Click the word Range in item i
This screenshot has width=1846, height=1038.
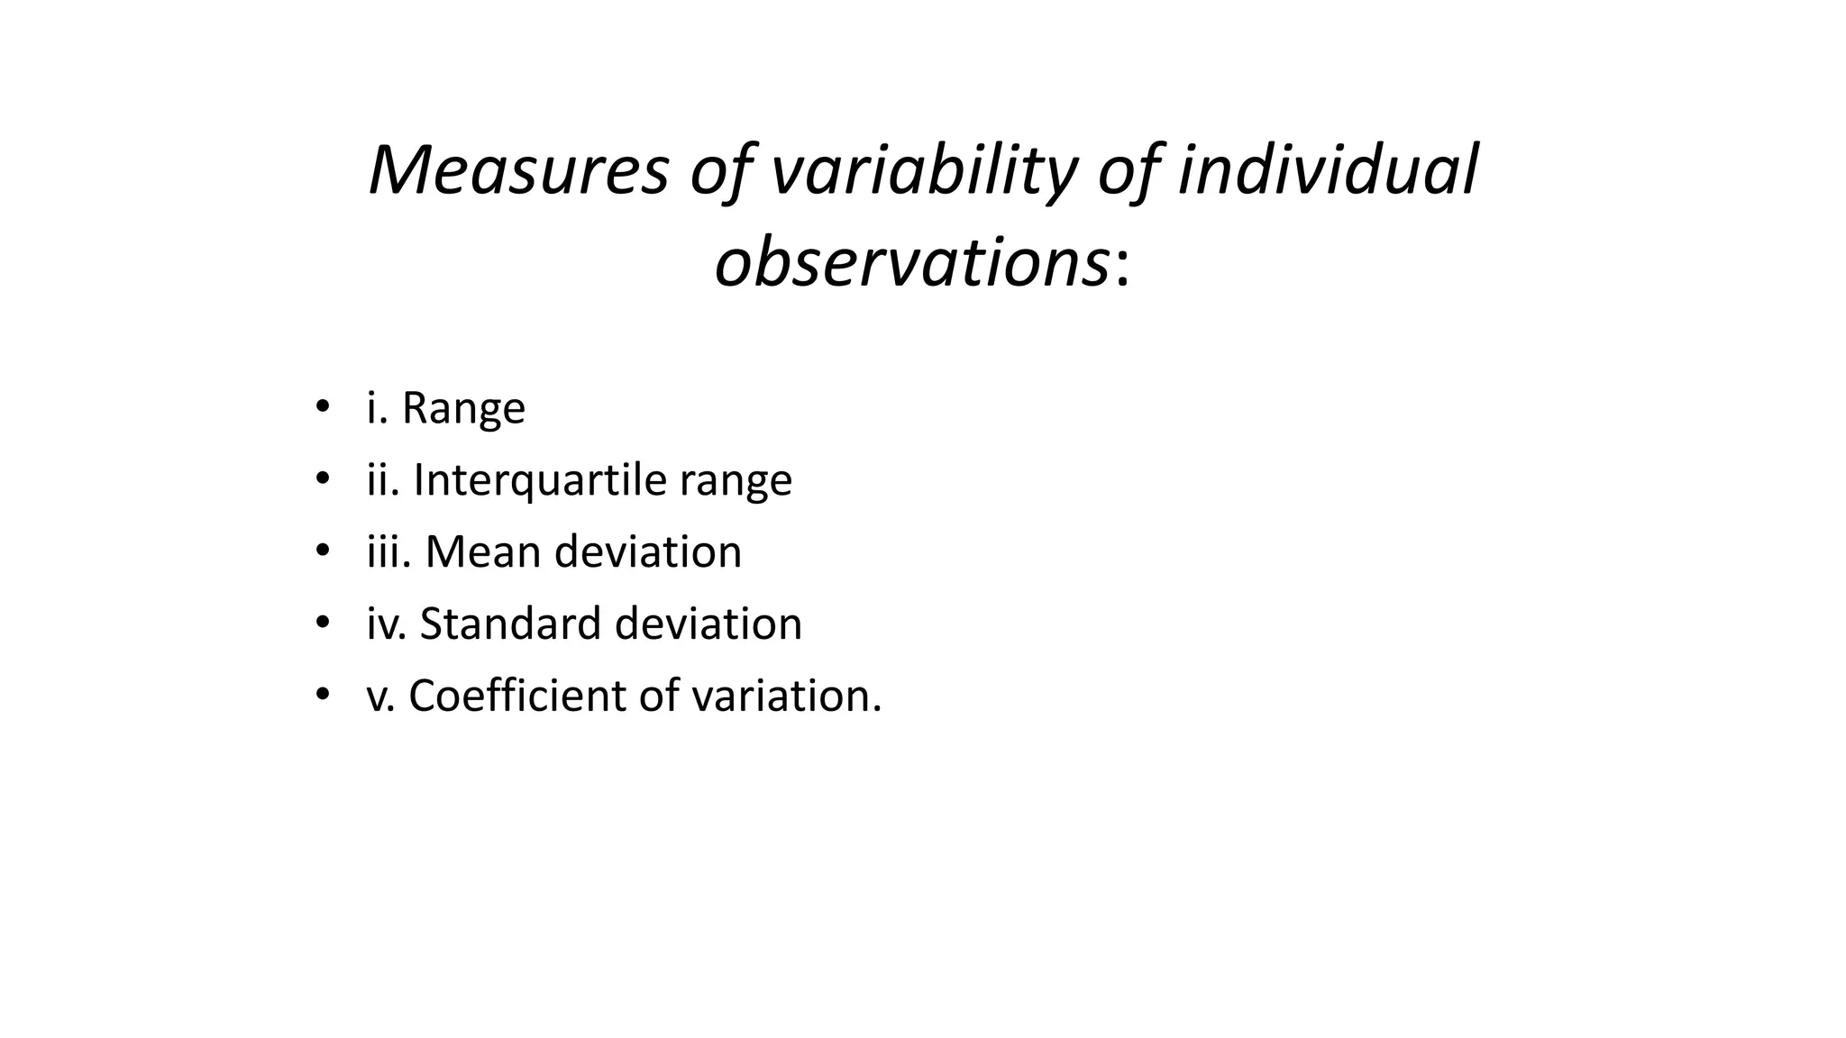pos(463,408)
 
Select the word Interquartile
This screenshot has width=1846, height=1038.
pos(539,479)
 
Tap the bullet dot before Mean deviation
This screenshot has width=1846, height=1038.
pos(322,550)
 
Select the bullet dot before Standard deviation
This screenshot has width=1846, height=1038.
pos(322,622)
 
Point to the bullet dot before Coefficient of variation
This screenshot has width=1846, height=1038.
pos(322,694)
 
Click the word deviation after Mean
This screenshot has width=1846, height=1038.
pos(648,551)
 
